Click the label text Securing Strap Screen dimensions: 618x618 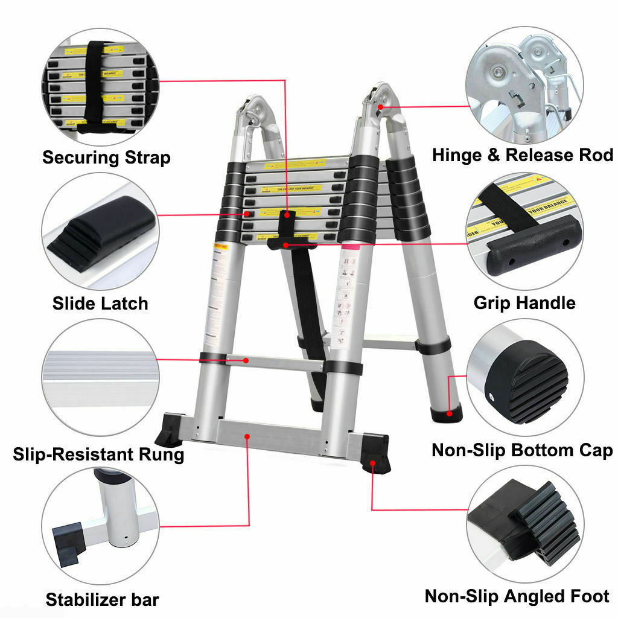106,158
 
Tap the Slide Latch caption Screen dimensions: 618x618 100,303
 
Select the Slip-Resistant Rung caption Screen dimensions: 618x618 98,454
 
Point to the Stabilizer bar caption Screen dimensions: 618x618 103,600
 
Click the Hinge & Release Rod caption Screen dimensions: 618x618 523,155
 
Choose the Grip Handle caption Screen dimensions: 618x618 524,302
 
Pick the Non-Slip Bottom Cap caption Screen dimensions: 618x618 523,450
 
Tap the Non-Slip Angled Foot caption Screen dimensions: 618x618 518,596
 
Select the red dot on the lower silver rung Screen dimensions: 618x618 246,360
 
